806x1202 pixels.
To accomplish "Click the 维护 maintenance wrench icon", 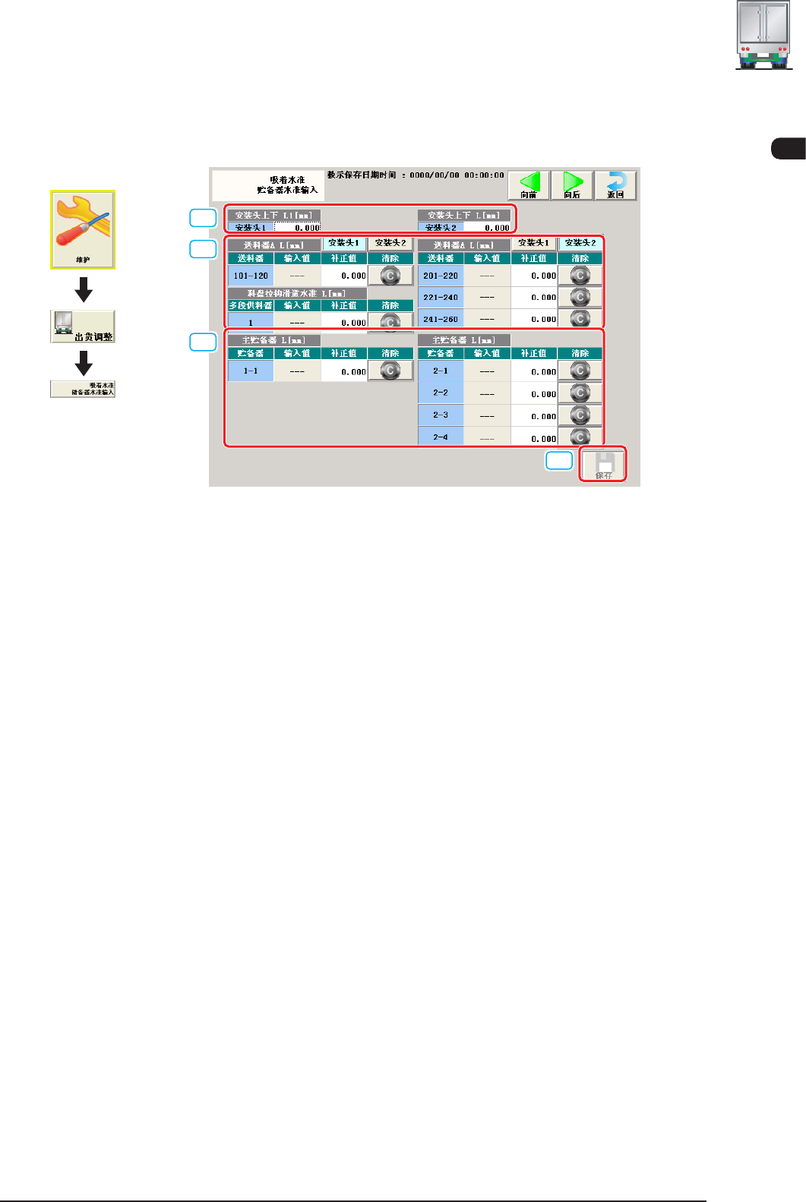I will point(83,229).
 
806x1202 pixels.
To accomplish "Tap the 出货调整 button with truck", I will point(83,327).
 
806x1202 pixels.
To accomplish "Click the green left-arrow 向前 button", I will point(529,185).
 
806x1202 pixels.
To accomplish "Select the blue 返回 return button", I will point(615,185).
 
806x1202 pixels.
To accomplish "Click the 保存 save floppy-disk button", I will point(603,465).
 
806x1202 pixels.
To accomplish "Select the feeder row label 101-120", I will point(251,276).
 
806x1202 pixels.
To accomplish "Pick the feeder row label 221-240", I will point(441,298).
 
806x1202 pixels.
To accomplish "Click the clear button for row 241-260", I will point(580,319).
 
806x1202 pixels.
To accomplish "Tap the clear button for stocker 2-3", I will point(580,415).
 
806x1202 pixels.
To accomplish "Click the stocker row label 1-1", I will point(251,371).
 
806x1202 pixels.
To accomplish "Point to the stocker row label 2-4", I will point(441,437).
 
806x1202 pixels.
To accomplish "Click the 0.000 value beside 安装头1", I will point(298,227).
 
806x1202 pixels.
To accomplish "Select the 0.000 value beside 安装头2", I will point(488,227).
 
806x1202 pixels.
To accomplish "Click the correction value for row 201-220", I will point(534,276).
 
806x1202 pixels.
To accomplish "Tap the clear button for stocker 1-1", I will point(390,371).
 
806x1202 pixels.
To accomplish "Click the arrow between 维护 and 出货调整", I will point(84,289).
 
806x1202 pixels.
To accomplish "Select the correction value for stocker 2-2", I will point(534,394).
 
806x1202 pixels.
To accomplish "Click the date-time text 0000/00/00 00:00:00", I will point(457,175).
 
